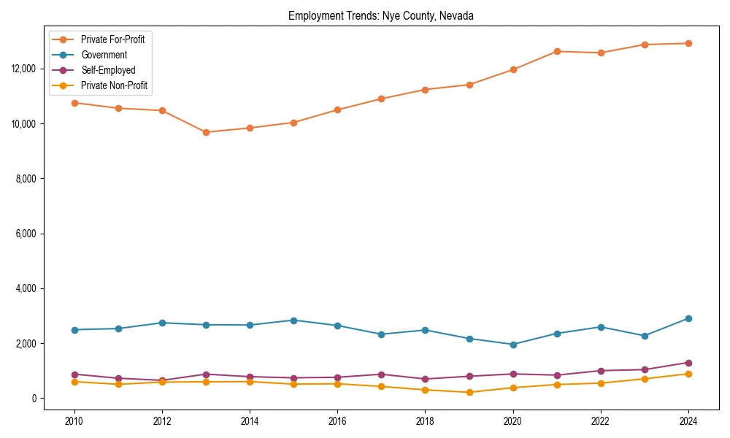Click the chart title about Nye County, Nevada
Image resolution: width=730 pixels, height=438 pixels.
(381, 16)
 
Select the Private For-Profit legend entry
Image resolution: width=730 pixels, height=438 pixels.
(112, 39)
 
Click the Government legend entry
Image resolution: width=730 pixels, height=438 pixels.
(104, 55)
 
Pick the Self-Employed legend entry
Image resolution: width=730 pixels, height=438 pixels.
(108, 70)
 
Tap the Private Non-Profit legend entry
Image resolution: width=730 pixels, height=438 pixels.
(114, 85)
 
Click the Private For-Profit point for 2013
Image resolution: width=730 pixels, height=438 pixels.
(206, 132)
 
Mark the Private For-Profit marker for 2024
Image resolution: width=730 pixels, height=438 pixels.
(688, 43)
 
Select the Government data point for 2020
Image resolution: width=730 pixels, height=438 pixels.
(513, 345)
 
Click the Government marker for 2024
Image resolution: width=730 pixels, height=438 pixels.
(688, 318)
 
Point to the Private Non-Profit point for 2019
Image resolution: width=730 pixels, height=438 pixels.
(469, 393)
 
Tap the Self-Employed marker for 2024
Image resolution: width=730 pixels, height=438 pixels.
(688, 363)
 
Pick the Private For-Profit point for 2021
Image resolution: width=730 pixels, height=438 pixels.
(557, 51)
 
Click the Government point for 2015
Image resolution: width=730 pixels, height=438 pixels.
(293, 320)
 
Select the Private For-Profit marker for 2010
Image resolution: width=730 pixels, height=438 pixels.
(73, 103)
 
